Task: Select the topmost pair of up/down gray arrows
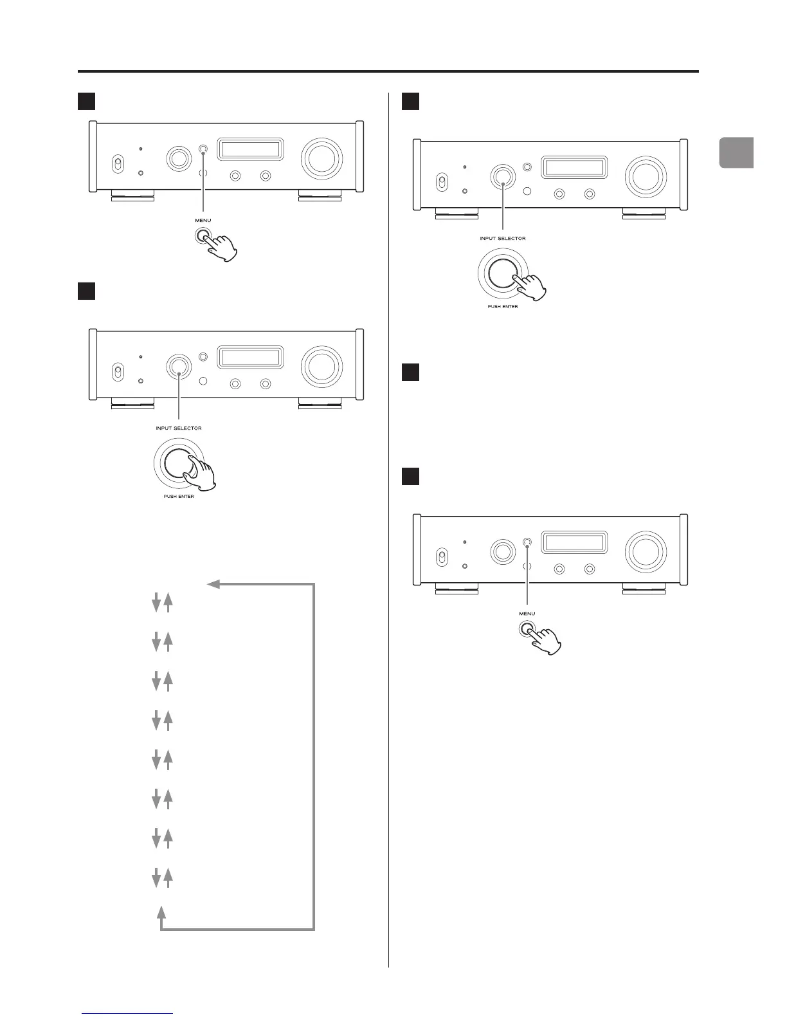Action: coord(161,603)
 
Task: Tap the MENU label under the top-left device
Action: coord(203,220)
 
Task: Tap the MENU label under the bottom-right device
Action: coord(527,613)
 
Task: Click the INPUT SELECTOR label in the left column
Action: coord(179,428)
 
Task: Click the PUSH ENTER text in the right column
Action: coord(502,307)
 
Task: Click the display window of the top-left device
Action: coord(250,149)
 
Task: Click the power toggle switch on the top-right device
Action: coord(442,182)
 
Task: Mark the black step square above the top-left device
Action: coord(87,101)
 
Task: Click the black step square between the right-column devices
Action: coord(410,372)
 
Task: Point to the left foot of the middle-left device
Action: coord(132,403)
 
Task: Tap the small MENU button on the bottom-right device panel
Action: coord(527,542)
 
